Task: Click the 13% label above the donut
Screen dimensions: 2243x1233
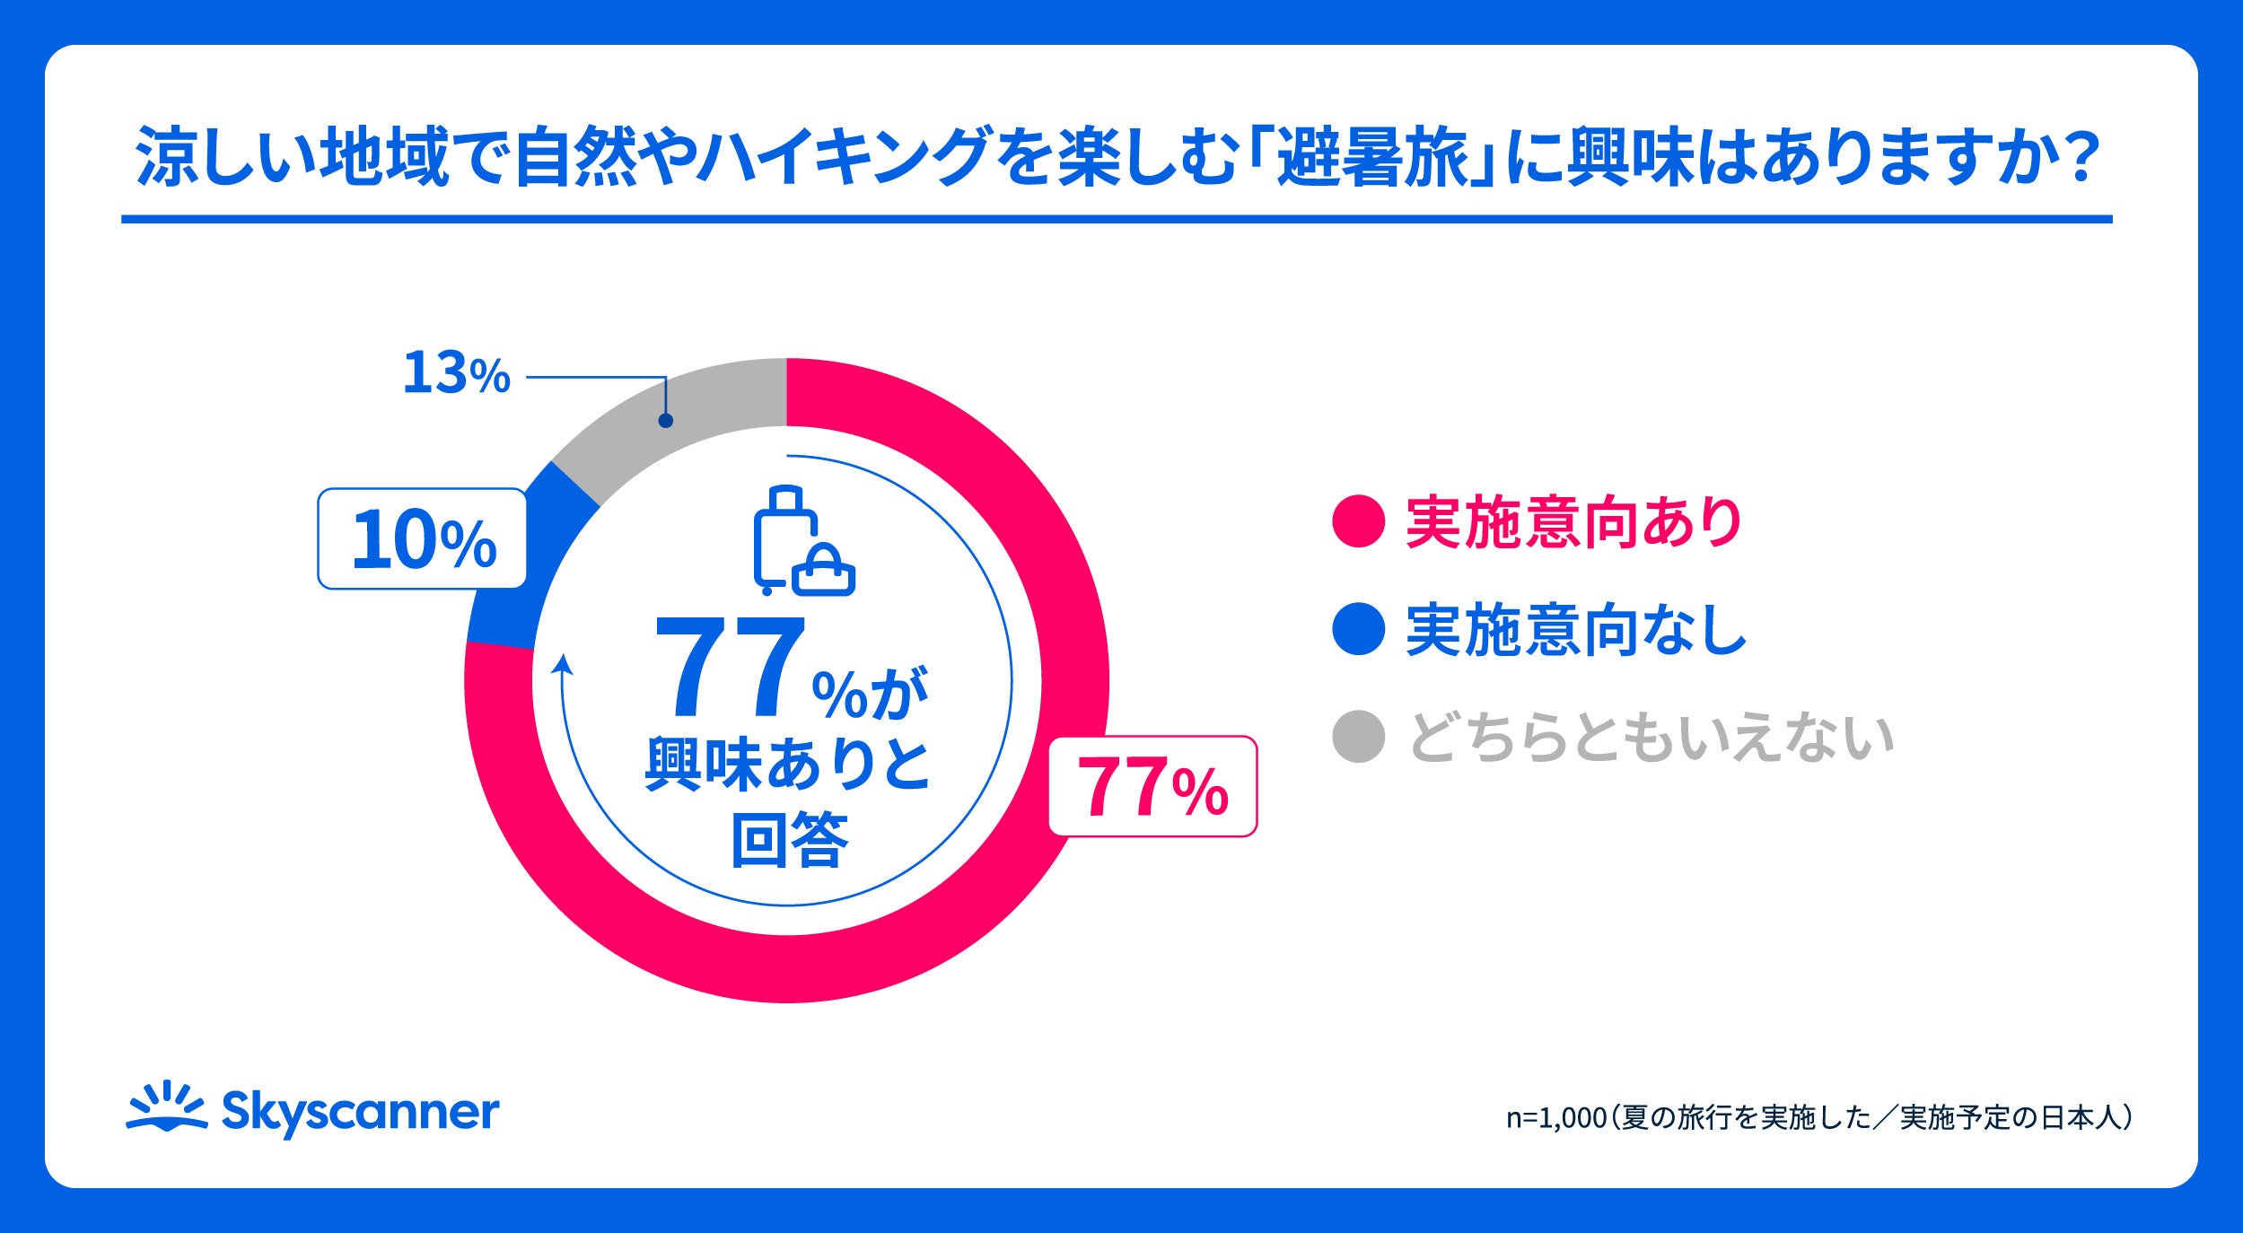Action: (x=456, y=373)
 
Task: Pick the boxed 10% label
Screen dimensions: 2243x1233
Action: (x=422, y=538)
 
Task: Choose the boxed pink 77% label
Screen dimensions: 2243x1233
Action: (x=1153, y=787)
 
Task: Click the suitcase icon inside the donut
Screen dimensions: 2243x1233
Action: (x=802, y=540)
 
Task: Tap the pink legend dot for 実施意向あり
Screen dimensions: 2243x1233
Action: (x=1358, y=520)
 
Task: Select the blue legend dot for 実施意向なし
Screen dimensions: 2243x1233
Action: (x=1358, y=629)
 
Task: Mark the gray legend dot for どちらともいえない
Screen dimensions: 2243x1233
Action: (x=1358, y=737)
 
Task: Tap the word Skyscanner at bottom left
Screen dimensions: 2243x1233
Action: (x=360, y=1114)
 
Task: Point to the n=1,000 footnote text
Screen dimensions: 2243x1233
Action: (x=1818, y=1117)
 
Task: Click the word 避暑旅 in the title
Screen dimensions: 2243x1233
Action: (x=1372, y=158)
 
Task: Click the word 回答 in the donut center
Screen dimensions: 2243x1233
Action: (x=789, y=840)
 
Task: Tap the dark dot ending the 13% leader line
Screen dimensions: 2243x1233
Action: (x=665, y=420)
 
